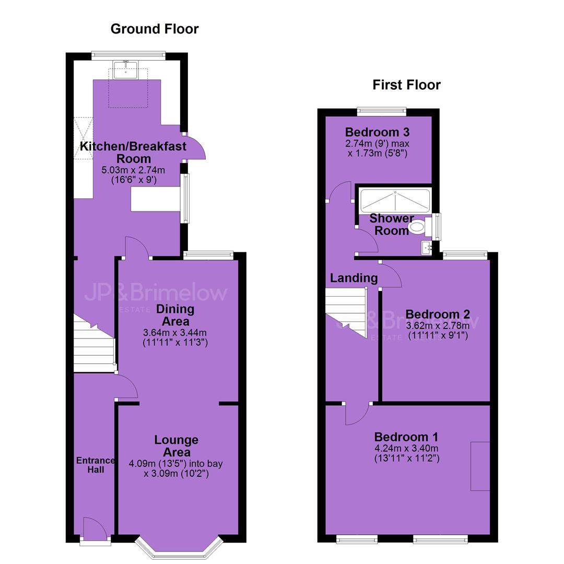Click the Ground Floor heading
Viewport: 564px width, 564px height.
(x=154, y=29)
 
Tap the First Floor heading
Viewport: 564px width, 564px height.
(x=406, y=85)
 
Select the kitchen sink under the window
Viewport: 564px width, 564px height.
(x=125, y=70)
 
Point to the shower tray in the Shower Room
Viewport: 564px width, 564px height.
(x=395, y=201)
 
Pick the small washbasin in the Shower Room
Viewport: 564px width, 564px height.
(x=427, y=248)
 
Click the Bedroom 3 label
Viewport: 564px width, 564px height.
(x=378, y=132)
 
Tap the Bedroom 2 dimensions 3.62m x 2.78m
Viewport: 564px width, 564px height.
(x=438, y=326)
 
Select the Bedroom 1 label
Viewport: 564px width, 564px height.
(x=406, y=437)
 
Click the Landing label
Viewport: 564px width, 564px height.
(x=354, y=278)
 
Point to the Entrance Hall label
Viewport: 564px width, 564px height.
(x=96, y=465)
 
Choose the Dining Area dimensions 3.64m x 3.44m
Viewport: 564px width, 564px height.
(x=175, y=333)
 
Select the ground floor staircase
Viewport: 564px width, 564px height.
(x=95, y=344)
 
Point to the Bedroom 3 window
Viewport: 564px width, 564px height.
(x=382, y=112)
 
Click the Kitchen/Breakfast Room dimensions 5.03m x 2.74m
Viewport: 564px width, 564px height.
(x=134, y=170)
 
